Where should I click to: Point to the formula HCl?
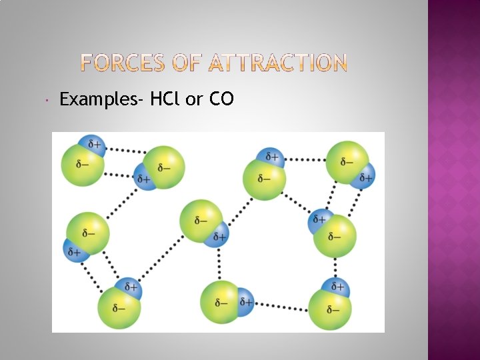(x=165, y=100)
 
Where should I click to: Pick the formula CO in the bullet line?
(x=221, y=100)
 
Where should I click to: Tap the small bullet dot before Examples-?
(x=41, y=100)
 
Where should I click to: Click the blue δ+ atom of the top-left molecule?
(x=91, y=144)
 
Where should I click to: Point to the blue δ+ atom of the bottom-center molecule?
(x=244, y=301)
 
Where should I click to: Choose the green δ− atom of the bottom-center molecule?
(x=220, y=303)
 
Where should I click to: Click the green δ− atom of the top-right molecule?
(x=346, y=162)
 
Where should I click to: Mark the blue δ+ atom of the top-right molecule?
(x=365, y=176)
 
